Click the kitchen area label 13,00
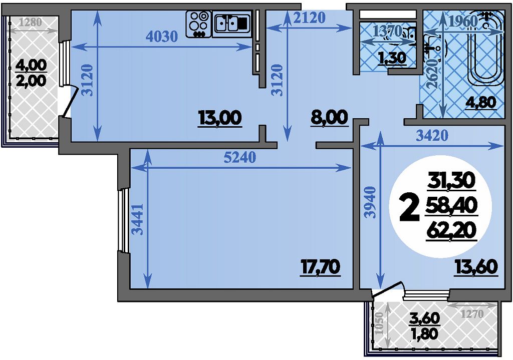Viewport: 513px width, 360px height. pos(220,118)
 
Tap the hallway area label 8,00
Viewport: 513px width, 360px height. pos(329,117)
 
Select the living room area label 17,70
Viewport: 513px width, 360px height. pos(321,267)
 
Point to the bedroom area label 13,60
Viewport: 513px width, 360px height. pos(476,267)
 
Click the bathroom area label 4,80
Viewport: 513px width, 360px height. pos(482,103)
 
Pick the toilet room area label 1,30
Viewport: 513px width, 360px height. pos(392,58)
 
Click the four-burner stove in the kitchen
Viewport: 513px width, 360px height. pos(198,24)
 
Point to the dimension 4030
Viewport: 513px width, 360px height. pos(162,36)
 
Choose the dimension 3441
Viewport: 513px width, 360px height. pos(139,219)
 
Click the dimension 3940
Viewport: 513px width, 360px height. pos(371,202)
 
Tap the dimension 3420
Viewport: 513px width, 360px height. pos(432,135)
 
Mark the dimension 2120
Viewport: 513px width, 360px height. pos(309,18)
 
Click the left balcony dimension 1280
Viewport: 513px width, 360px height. pos(31,22)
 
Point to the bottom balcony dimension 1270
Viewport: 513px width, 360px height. pos(472,314)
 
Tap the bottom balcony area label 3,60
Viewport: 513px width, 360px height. pos(425,318)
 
